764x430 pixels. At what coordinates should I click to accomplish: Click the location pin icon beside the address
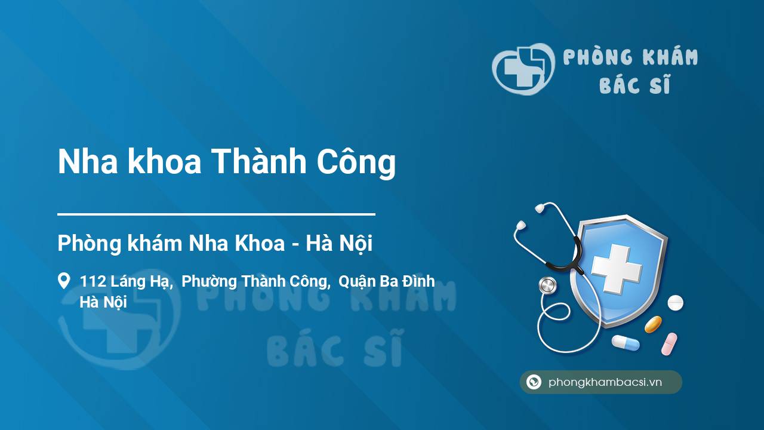(64, 281)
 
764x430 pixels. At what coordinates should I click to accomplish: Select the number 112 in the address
(93, 281)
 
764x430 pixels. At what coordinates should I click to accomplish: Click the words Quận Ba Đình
(386, 281)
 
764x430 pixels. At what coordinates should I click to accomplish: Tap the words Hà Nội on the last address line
(103, 302)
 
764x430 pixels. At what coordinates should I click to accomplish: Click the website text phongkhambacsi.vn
(605, 382)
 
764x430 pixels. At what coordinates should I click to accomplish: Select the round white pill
(675, 303)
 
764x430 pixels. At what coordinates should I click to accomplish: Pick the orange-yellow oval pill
(653, 324)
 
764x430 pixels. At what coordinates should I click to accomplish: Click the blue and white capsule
(626, 343)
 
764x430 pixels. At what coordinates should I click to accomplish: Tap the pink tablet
(669, 344)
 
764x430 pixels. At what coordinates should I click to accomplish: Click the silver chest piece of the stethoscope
(547, 285)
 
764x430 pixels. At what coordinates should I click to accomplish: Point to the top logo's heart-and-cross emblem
(522, 69)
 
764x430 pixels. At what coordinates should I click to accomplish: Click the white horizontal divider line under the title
(216, 214)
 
